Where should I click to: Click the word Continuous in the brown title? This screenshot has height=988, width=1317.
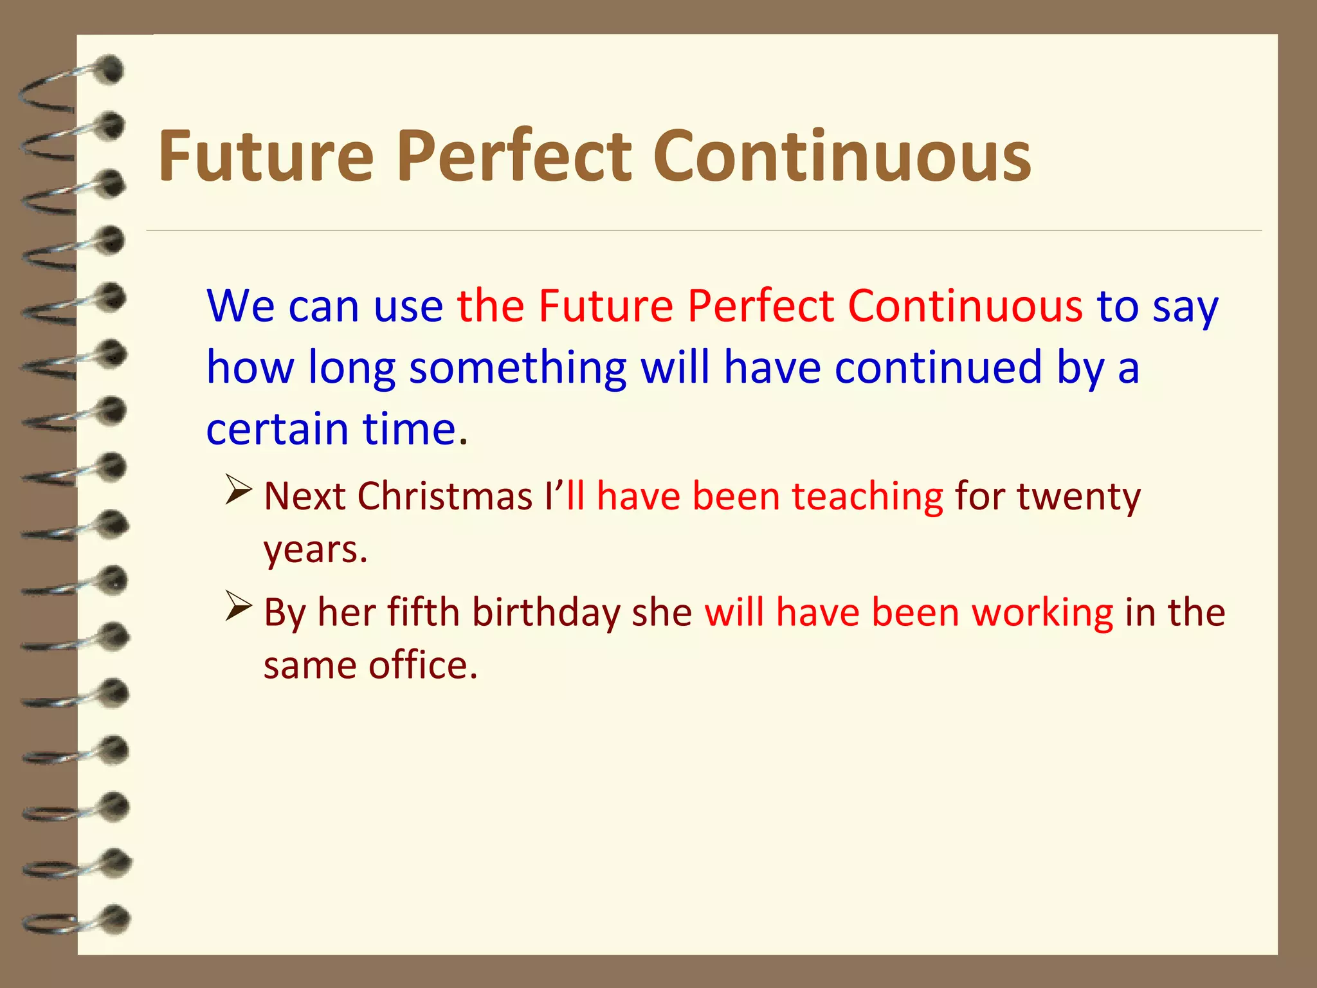pyautogui.click(x=842, y=156)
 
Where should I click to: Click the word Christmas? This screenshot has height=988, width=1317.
pyautogui.click(x=444, y=497)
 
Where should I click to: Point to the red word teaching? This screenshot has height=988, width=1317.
pyautogui.click(x=867, y=497)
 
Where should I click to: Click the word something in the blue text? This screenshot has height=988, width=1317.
pyautogui.click(x=518, y=367)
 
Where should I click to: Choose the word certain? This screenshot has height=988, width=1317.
pyautogui.click(x=277, y=429)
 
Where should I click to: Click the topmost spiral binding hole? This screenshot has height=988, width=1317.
pyautogui.click(x=111, y=69)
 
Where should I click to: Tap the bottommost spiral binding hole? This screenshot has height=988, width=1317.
pyautogui.click(x=116, y=919)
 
